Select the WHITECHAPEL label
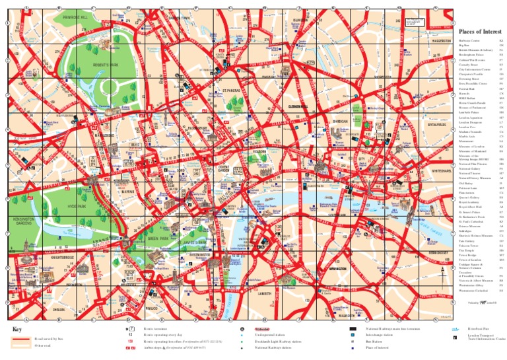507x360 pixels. pos(441,170)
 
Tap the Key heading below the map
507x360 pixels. pos(18,330)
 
